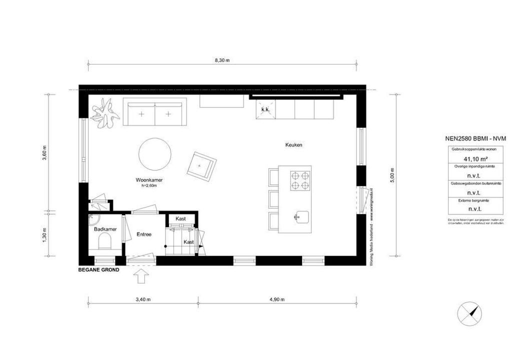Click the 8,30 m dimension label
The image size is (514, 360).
point(221,60)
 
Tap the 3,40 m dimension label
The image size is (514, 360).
point(143,299)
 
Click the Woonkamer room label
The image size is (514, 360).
point(149,180)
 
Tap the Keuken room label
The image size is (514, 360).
point(294,145)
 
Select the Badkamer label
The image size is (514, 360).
point(105,229)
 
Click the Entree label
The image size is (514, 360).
point(144,234)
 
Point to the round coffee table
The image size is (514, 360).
point(155,154)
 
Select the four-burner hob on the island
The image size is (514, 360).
point(300,180)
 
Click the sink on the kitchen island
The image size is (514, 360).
point(300,217)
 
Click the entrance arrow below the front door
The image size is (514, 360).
point(141,275)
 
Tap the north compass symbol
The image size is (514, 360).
point(470,313)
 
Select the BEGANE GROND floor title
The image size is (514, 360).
point(98,269)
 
